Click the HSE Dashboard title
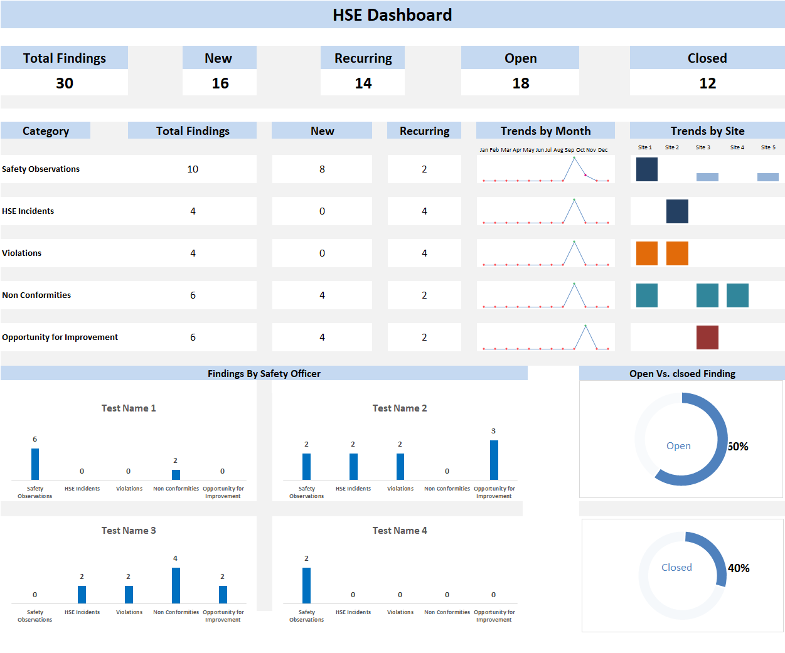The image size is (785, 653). [x=392, y=15]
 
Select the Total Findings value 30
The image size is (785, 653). [x=64, y=83]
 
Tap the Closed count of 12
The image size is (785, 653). [x=707, y=83]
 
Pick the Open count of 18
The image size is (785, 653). [x=521, y=83]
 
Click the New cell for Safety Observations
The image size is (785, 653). [x=322, y=169]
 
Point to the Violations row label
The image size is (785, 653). [x=21, y=253]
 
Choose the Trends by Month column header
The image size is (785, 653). [x=545, y=131]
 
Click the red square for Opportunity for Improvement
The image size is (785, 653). [x=707, y=337]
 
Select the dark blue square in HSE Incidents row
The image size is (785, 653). [x=677, y=211]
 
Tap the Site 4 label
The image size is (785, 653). [x=737, y=147]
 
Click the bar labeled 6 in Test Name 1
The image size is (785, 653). [x=35, y=464]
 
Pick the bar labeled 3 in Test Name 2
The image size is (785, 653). [x=494, y=460]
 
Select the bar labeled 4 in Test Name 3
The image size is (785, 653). [x=176, y=585]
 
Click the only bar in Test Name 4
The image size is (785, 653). [x=306, y=585]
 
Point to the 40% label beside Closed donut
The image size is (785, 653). [x=739, y=568]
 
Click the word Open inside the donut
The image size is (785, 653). [x=678, y=446]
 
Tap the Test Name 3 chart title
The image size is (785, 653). [x=129, y=531]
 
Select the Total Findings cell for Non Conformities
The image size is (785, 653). [x=193, y=295]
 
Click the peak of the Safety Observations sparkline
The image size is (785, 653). [x=574, y=157]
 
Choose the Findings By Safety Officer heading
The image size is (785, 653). [x=264, y=374]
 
